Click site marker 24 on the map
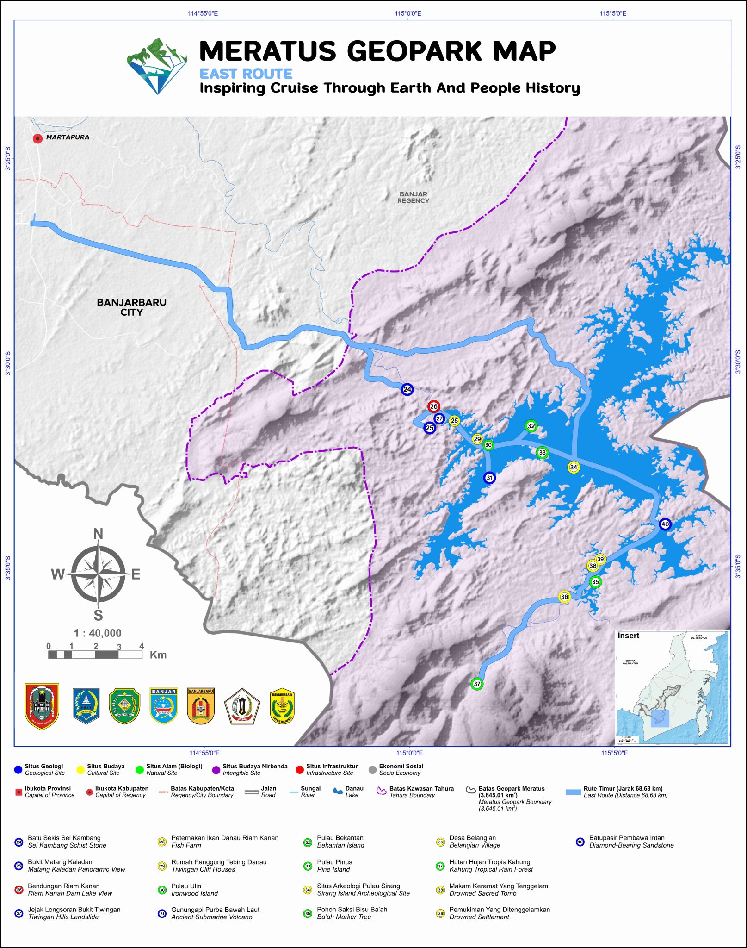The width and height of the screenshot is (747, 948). pos(407,389)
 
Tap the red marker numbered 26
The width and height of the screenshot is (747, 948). pos(433,406)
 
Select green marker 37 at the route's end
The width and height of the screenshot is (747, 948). pos(477,684)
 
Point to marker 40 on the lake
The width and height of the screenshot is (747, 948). pos(665,524)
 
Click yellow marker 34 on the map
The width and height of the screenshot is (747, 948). pos(574,467)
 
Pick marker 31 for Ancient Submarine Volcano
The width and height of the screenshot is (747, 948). pos(489,478)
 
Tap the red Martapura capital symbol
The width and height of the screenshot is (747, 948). pos(37,138)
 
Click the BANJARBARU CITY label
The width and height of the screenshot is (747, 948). pos(131,307)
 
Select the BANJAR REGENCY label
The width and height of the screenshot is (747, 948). pos(413,197)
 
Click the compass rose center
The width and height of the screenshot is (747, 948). pos(98,574)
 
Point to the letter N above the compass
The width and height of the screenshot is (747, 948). pos(98,534)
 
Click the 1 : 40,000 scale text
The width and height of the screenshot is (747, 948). pos(98,633)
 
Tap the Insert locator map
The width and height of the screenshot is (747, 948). pos(673,687)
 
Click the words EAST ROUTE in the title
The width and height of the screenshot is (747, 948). pos(246,74)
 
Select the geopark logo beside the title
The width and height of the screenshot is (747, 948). pos(157,66)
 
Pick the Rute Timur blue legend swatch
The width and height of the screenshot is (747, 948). pos(574,792)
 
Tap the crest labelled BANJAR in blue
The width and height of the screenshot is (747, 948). pos(164,706)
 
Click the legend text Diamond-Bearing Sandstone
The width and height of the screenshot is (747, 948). pos(631,845)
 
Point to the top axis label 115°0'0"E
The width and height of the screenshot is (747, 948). pos(408,13)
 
